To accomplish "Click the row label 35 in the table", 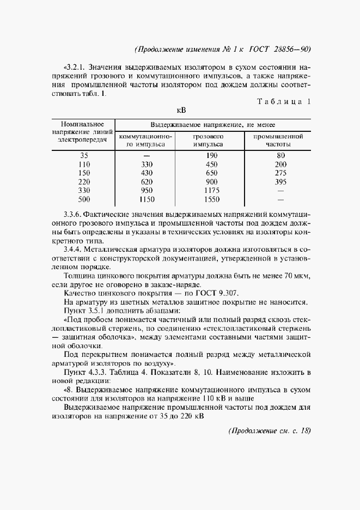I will [83, 155].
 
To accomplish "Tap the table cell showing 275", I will [280, 173].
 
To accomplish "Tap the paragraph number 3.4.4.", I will [75, 250].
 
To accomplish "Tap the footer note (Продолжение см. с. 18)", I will [269, 430].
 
